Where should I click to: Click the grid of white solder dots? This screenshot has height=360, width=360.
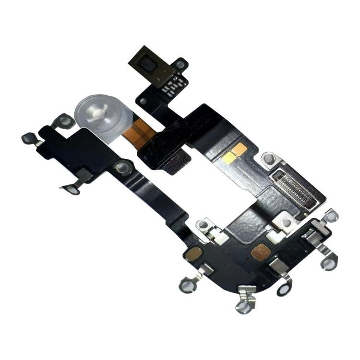point(173,84)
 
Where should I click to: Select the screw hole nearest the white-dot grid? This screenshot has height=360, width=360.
point(180,65)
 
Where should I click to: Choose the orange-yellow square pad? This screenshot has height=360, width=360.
point(239,149)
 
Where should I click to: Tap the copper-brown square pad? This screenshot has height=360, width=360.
point(261,251)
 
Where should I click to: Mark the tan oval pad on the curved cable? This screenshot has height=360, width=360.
point(193,253)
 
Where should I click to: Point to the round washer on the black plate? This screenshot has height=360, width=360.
point(122,167)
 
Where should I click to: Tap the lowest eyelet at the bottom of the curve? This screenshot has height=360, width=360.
point(244,305)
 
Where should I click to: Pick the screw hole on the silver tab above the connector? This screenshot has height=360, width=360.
point(268,159)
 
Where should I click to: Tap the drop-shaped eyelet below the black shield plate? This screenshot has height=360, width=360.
point(73,190)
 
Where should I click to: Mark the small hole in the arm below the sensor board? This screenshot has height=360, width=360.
point(143,102)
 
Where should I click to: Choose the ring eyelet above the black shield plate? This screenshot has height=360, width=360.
point(65,121)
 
